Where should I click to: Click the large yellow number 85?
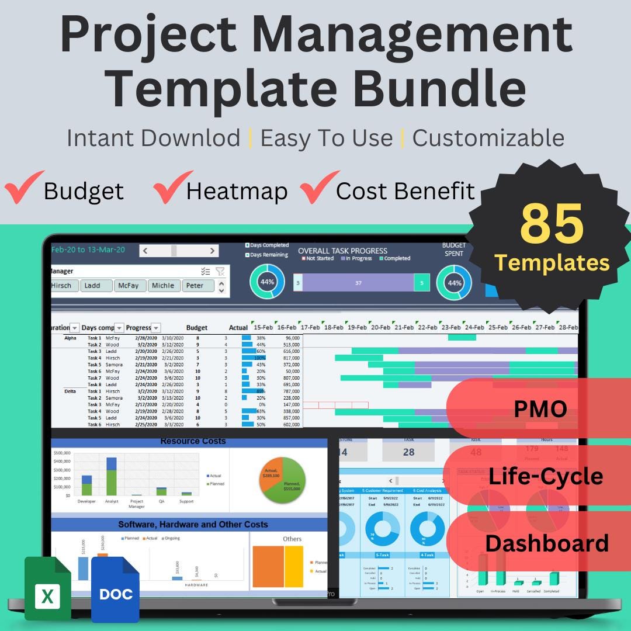click(552, 224)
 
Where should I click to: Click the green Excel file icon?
click(47, 588)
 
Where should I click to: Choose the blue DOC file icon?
click(116, 590)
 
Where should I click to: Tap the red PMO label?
click(540, 408)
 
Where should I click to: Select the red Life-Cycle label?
click(545, 476)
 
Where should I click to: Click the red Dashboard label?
click(546, 543)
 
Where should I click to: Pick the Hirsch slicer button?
click(63, 286)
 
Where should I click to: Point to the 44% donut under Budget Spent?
click(454, 282)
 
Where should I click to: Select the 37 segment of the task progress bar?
click(358, 283)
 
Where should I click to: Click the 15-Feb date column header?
click(263, 328)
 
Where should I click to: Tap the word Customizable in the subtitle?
click(488, 138)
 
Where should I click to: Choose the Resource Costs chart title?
click(193, 441)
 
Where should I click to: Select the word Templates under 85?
click(552, 262)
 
